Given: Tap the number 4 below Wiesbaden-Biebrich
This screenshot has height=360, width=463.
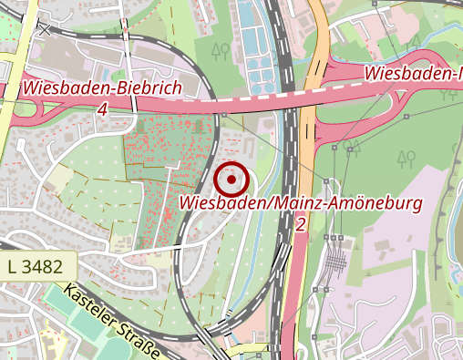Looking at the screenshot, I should [101, 108].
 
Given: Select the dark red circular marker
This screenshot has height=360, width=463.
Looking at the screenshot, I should [232, 180].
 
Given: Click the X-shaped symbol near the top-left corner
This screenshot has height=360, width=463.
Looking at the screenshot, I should [45, 28].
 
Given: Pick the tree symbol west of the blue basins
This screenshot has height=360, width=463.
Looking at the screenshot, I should [217, 49].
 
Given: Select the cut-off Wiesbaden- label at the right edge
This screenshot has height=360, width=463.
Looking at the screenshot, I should [415, 72].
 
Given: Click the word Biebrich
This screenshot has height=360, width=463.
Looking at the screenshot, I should [143, 88].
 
